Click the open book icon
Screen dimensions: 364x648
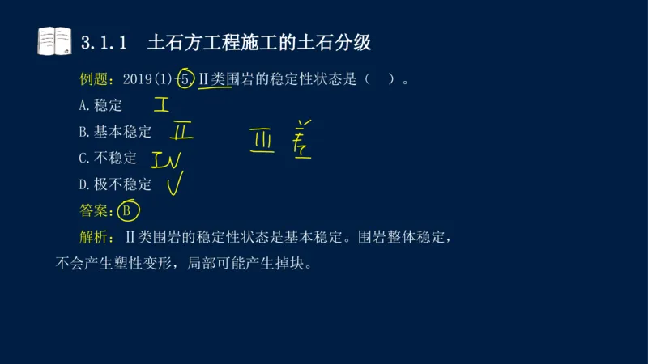click(x=54, y=40)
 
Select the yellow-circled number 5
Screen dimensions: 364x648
click(x=185, y=79)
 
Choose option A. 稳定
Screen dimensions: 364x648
click(x=101, y=105)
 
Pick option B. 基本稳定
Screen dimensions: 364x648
click(x=116, y=132)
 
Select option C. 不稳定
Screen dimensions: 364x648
click(x=109, y=158)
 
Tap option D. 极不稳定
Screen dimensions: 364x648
click(x=116, y=184)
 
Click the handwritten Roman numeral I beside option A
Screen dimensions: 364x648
click(x=161, y=105)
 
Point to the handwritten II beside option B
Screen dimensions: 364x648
click(x=182, y=131)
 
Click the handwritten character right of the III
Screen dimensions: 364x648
click(x=301, y=139)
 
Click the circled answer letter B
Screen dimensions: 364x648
click(x=126, y=211)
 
